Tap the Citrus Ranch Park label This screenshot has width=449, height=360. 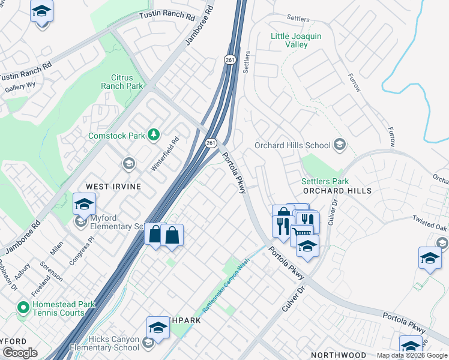point(127,82)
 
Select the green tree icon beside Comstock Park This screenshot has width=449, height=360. point(154,135)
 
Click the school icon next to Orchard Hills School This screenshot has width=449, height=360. point(340,145)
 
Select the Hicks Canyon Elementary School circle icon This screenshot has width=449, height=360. point(148,343)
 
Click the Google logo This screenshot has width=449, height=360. point(20,353)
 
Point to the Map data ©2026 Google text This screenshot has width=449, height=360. point(412,355)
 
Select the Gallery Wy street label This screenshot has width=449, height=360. point(19,88)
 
